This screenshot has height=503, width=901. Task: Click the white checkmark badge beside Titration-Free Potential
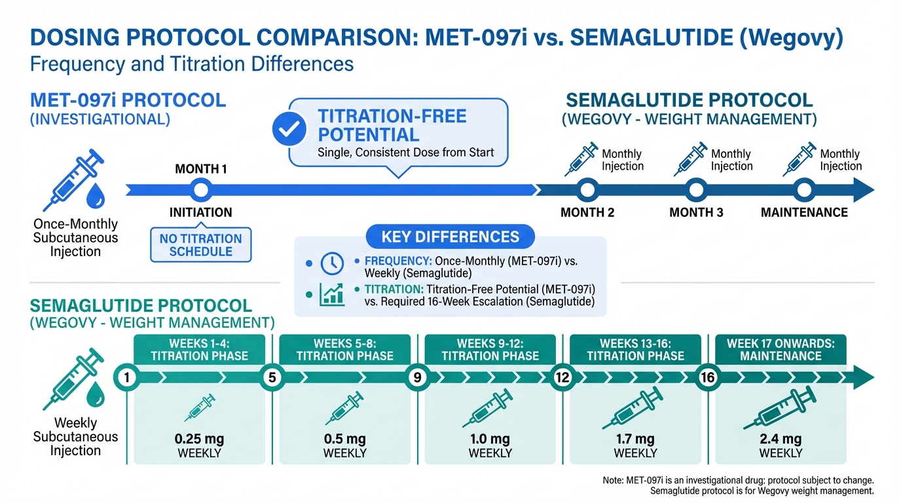[289, 130]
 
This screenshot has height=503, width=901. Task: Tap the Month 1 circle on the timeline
[202, 191]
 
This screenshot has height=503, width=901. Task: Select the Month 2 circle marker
[587, 191]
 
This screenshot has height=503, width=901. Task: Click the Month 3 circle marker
[696, 191]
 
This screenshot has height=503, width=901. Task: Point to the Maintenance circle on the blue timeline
[804, 191]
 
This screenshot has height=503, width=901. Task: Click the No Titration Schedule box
[201, 245]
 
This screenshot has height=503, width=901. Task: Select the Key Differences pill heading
[450, 237]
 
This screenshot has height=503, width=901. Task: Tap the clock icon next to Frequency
[332, 263]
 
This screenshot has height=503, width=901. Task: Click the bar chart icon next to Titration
[332, 295]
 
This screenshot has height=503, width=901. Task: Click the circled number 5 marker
[270, 378]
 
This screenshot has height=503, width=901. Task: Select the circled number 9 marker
[416, 378]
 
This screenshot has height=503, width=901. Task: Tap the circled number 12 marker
[561, 378]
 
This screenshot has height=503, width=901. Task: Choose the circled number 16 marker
[707, 378]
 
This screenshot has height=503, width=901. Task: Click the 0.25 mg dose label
[200, 439]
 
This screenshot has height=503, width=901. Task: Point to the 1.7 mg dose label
[635, 439]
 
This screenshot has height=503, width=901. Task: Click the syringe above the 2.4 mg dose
[780, 409]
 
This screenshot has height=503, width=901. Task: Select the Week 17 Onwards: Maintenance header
[781, 350]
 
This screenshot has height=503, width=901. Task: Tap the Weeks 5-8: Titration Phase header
[345, 350]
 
